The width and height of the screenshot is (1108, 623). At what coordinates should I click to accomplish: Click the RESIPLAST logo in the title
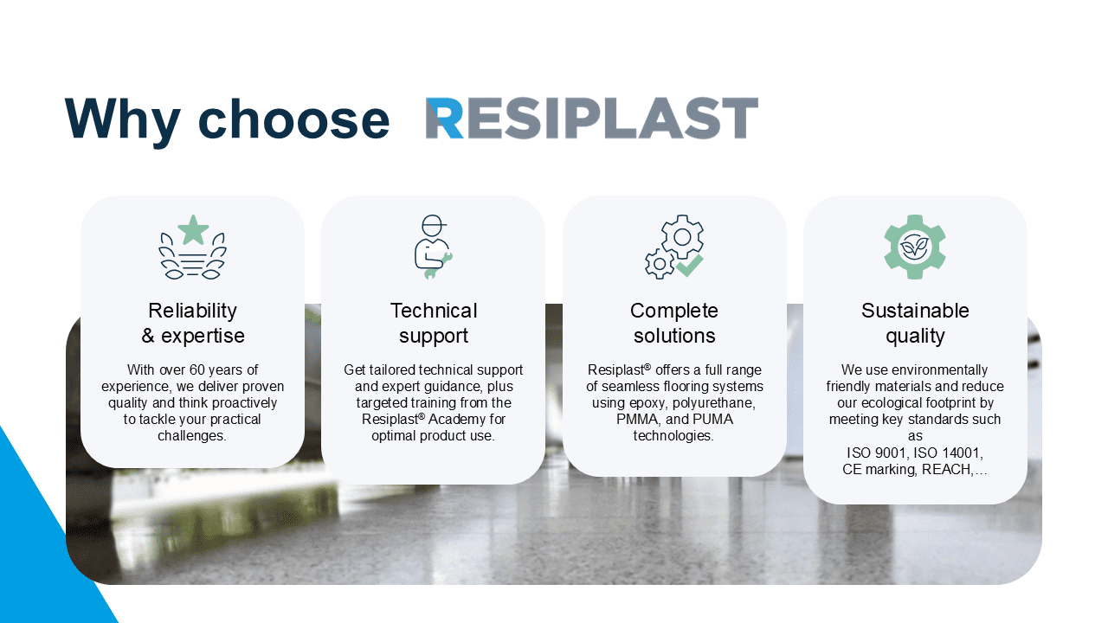coord(591,119)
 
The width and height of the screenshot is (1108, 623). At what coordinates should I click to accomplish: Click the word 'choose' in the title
coord(293,119)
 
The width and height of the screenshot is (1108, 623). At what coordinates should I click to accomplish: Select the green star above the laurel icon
coord(193,230)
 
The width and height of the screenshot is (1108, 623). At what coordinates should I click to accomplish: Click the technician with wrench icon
coord(434,247)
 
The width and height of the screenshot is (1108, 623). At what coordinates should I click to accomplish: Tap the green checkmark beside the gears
coord(690,266)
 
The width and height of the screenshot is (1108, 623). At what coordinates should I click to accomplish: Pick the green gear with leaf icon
coord(915,247)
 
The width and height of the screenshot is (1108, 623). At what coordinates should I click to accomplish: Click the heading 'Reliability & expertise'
coord(193,323)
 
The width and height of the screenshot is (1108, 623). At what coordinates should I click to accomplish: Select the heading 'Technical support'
coord(434,323)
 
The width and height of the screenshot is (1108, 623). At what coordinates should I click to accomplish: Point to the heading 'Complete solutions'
coord(674,323)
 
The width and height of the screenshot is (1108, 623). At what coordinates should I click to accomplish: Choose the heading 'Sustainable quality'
coord(915,323)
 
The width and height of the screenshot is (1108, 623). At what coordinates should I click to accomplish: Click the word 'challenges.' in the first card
coord(192,436)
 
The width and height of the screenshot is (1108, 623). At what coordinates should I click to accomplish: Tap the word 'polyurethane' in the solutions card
coord(713,403)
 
